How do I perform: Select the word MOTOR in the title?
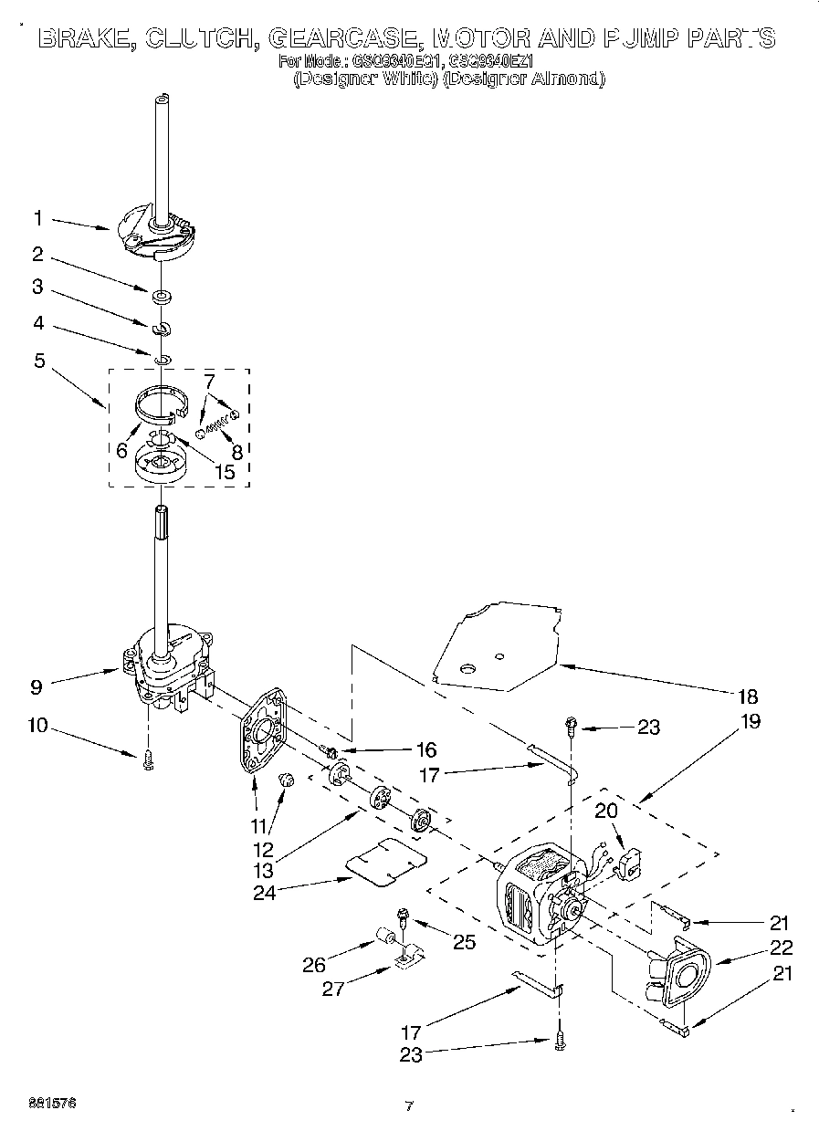(480, 38)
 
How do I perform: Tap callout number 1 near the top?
(37, 218)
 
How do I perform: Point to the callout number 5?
(39, 361)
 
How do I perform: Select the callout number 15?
(223, 472)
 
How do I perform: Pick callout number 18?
(747, 696)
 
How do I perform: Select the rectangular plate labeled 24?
(387, 861)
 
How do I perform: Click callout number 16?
(425, 750)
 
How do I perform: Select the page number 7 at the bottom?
(409, 1106)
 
